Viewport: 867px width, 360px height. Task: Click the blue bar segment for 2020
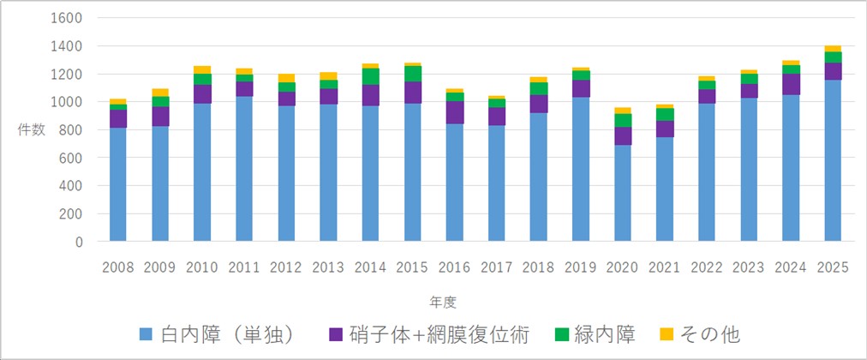coord(622,193)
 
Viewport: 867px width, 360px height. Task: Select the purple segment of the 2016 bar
coord(454,112)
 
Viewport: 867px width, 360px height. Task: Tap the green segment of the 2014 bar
coord(370,76)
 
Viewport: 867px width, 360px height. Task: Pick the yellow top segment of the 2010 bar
coord(202,69)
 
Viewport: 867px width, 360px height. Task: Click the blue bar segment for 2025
coord(833,160)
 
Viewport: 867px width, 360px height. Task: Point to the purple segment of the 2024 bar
coord(791,84)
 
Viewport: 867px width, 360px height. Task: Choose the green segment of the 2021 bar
coord(664,114)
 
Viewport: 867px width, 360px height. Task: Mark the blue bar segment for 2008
coord(118,184)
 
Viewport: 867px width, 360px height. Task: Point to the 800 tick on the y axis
coord(70,130)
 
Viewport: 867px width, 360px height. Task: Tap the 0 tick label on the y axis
coord(78,242)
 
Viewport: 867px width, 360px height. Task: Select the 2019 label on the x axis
coord(580,267)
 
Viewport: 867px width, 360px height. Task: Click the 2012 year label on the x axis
coord(286,267)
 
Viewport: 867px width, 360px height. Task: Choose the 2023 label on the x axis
coord(749,267)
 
